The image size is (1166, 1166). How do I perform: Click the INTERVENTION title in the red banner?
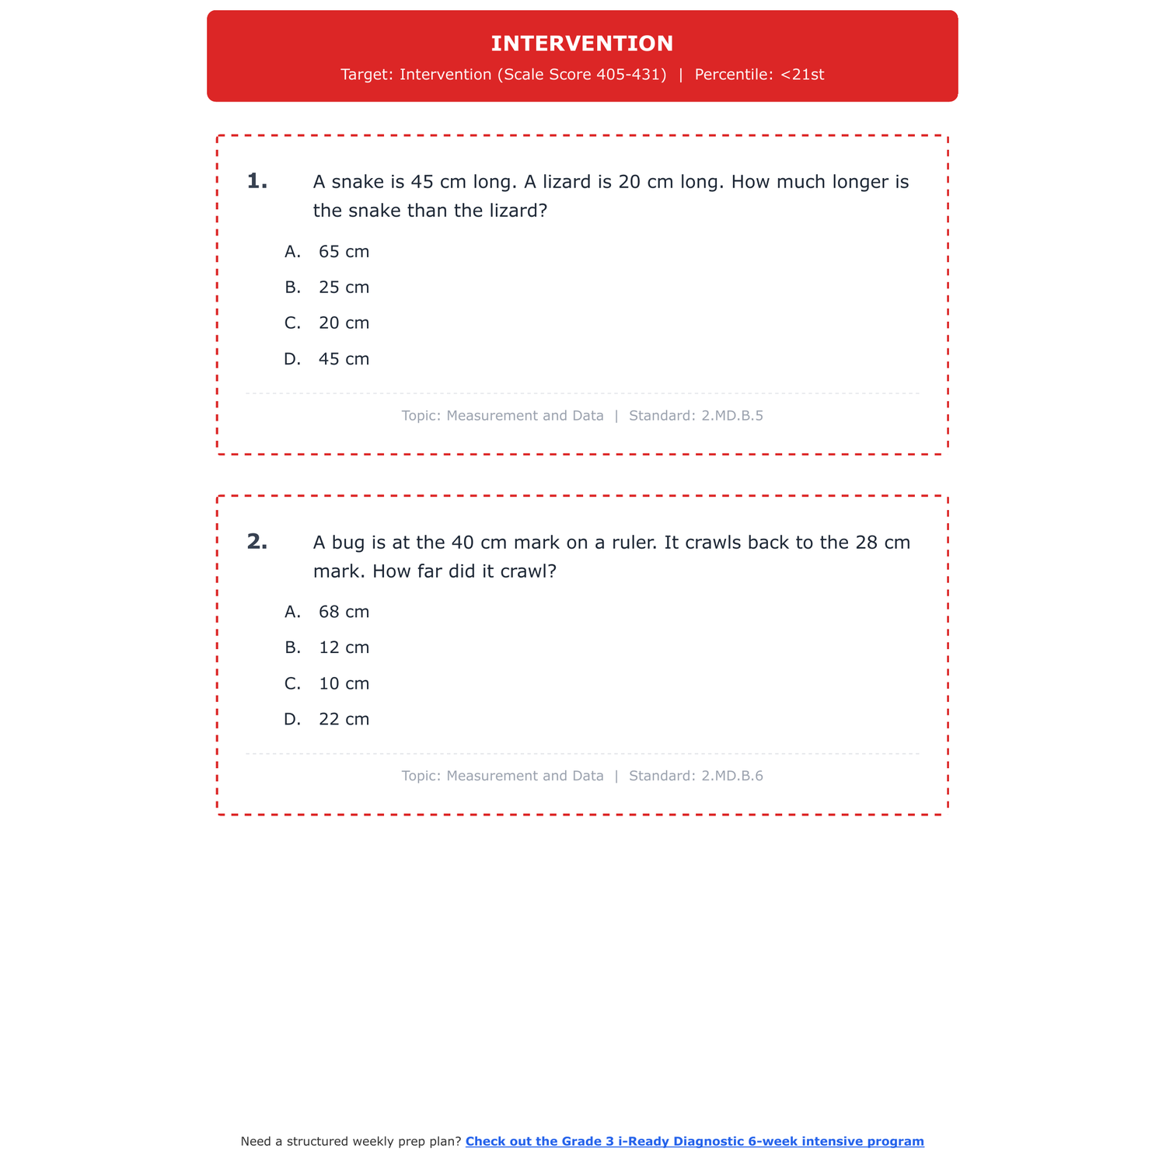tap(582, 44)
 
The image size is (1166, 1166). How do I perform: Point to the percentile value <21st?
tap(802, 75)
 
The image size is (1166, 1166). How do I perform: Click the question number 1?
tap(257, 182)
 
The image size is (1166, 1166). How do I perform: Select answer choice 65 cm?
tap(344, 252)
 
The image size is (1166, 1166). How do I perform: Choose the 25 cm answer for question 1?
tap(344, 288)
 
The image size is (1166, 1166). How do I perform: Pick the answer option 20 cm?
tap(344, 323)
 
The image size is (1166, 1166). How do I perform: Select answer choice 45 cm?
tap(344, 359)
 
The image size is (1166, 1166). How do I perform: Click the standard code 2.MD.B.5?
tap(731, 416)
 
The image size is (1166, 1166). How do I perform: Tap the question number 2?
tap(257, 542)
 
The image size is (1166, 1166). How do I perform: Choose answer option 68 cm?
tap(344, 612)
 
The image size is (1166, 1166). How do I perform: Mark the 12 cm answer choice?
tap(344, 648)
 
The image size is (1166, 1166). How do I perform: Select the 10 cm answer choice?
tap(344, 684)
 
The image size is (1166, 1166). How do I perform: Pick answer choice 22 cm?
tap(344, 720)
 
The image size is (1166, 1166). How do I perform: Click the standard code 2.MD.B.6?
tap(731, 776)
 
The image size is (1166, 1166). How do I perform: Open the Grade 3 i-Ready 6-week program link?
tap(694, 1141)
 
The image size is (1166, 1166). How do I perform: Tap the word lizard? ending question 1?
tap(513, 211)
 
